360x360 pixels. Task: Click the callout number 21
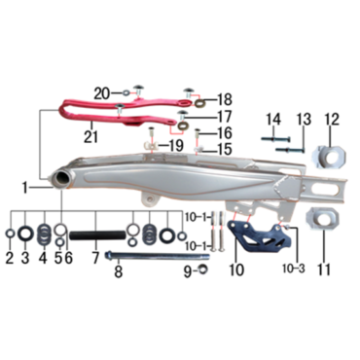tap(90, 136)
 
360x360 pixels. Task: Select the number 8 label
tap(119, 271)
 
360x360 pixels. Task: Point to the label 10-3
tap(295, 269)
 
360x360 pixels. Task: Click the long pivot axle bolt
tap(158, 256)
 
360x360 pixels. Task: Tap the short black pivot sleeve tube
tap(97, 235)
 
